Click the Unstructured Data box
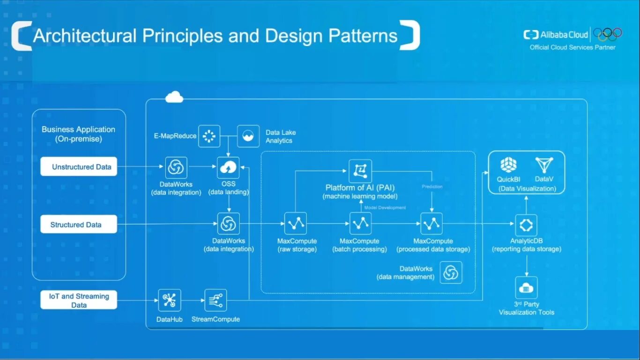79,167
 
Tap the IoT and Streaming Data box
79,300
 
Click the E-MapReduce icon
209,136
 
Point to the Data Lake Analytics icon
248,136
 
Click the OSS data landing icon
229,168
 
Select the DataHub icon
169,300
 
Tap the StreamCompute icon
216,300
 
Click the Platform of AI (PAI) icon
360,171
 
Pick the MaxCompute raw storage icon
296,224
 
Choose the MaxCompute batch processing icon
360,224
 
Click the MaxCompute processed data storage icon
432,224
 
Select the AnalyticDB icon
526,225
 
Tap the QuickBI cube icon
508,165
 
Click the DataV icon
544,165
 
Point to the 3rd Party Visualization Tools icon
526,288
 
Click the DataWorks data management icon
451,273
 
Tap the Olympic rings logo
608,34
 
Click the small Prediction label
432,187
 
